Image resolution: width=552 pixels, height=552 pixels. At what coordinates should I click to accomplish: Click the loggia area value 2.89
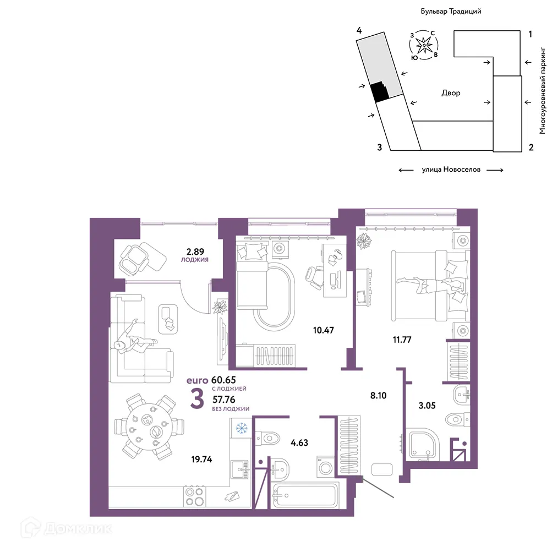[195, 252]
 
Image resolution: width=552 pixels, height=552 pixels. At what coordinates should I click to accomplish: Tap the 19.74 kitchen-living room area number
[202, 460]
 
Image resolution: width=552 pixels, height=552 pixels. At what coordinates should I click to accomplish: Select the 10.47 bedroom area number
[324, 330]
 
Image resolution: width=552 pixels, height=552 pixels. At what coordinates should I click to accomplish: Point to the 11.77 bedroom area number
[402, 340]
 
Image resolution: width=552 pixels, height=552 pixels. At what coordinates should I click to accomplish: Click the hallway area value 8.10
[379, 396]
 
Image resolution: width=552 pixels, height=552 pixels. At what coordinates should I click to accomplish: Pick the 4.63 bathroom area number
[299, 442]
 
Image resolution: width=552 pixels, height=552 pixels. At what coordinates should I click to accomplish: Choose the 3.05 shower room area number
[427, 406]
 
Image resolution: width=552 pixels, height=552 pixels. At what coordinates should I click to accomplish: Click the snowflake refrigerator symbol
[242, 428]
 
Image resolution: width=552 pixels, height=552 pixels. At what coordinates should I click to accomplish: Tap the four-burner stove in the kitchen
[195, 496]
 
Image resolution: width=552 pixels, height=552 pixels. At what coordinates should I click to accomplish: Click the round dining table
[150, 427]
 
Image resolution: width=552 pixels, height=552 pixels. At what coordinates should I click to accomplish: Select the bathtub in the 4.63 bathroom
[305, 496]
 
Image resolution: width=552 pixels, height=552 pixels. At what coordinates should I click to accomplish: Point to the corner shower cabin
[423, 444]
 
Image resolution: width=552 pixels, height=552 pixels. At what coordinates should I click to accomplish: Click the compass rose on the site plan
[424, 45]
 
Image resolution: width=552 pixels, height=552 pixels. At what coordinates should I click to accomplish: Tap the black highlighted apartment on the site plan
[380, 91]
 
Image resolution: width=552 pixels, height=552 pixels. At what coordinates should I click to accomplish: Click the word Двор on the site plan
[451, 94]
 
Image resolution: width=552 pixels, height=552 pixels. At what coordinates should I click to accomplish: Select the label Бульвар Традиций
[451, 11]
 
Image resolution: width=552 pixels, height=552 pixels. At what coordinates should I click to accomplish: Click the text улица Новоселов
[451, 170]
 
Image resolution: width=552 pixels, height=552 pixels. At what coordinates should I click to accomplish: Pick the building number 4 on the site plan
[359, 30]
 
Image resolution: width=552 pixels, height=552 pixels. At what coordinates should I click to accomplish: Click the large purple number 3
[197, 399]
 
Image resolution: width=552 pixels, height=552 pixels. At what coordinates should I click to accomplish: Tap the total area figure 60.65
[223, 380]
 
